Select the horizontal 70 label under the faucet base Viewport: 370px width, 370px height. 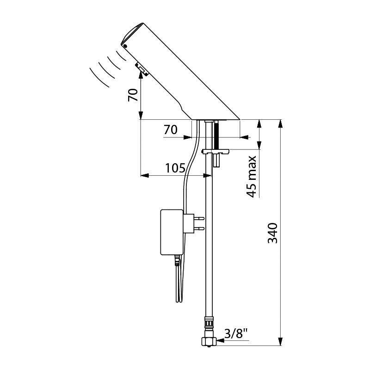click(x=170, y=130)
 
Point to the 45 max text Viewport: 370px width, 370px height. click(x=252, y=177)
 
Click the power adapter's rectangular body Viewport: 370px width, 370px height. click(x=172, y=232)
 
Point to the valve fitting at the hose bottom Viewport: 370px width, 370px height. click(x=209, y=342)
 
